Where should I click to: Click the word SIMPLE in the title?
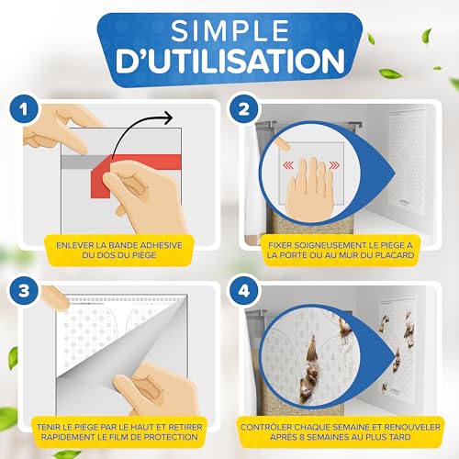pos(230,30)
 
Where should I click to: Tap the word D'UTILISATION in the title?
pos(230,61)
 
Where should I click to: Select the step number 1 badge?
pos(24,109)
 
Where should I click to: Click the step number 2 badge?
pos(243,109)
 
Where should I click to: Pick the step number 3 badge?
pos(24,291)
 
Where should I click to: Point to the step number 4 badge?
pos(243,291)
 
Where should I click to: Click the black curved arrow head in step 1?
pos(168,118)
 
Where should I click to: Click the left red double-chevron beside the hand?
pos(288,165)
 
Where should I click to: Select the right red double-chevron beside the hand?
pos(334,165)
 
